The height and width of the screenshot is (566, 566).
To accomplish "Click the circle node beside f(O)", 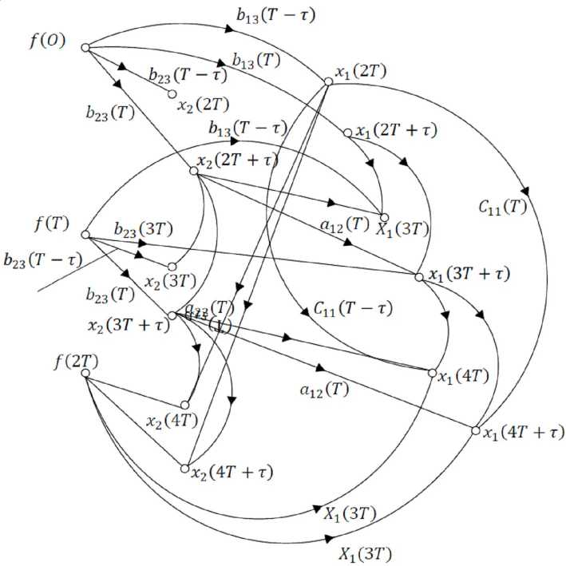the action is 84,48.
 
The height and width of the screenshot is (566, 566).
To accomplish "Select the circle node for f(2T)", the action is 84,373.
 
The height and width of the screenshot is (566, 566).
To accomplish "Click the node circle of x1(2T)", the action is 328,81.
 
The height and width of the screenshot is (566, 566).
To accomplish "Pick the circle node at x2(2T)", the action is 172,94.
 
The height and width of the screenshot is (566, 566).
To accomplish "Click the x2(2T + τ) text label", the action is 238,160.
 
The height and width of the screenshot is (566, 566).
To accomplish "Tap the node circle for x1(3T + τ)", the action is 419,277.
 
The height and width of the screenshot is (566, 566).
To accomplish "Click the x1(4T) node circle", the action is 432,373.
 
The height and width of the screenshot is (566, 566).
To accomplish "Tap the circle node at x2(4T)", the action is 185,405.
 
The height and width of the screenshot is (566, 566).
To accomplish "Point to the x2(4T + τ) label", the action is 232,473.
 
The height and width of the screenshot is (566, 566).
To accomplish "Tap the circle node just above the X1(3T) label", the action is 384,216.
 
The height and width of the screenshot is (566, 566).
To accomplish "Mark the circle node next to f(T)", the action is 84,235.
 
